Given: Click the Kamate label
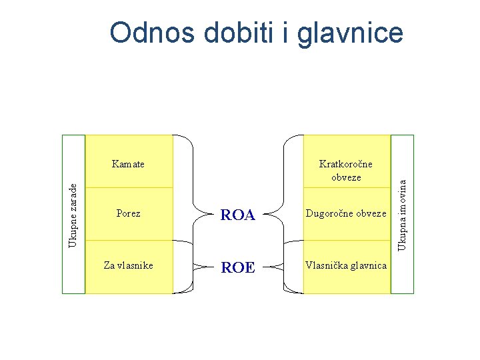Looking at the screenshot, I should point(128,164).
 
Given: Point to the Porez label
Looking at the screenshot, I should point(128,214).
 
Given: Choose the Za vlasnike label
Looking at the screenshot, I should point(128,265).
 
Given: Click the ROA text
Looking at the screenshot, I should point(238,215).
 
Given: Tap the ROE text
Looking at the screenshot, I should point(238,267).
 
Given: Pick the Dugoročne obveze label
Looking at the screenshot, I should point(346,214).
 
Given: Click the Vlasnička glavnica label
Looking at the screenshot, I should point(346,265).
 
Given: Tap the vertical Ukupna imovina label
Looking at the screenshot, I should point(402,211).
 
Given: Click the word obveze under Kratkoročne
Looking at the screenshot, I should point(346,177).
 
